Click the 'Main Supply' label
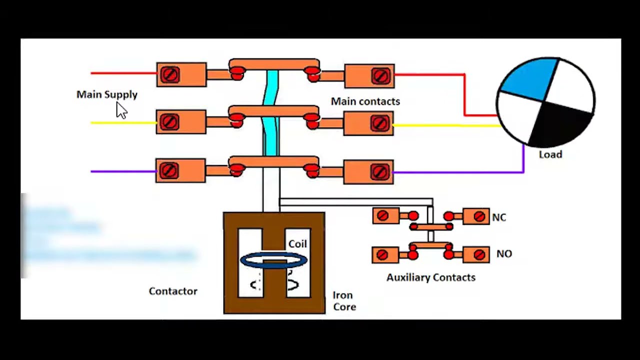pos(106,94)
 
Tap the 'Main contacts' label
pos(365,101)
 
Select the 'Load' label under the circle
pos(550,154)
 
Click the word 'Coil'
pos(297,244)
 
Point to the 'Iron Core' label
pos(344,301)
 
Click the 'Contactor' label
pos(173,291)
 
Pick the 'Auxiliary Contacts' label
pos(430,277)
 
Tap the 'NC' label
pos(498,217)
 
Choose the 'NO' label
pos(503,254)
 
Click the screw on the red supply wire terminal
pos(170,75)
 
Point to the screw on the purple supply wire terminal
pos(169,171)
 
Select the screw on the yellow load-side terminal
pos(380,123)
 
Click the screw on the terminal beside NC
pos(479,216)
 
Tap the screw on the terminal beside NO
pos(479,254)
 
